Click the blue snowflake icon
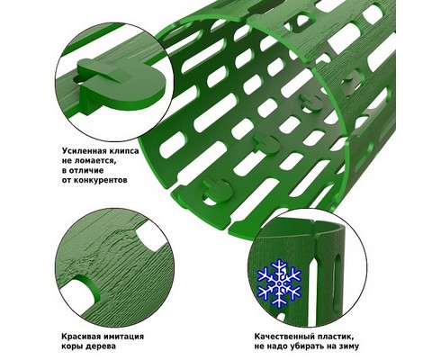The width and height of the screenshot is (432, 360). click(x=279, y=283)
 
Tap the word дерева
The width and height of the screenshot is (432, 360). click(x=101, y=346)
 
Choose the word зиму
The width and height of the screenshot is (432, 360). click(x=348, y=347)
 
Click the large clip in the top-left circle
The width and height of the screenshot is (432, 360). click(x=120, y=84)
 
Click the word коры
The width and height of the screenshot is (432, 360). click(x=72, y=347)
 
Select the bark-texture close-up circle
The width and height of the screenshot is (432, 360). click(x=115, y=267)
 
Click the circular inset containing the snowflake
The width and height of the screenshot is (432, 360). click(x=308, y=268)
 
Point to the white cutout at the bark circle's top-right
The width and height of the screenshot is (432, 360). click(x=151, y=237)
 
